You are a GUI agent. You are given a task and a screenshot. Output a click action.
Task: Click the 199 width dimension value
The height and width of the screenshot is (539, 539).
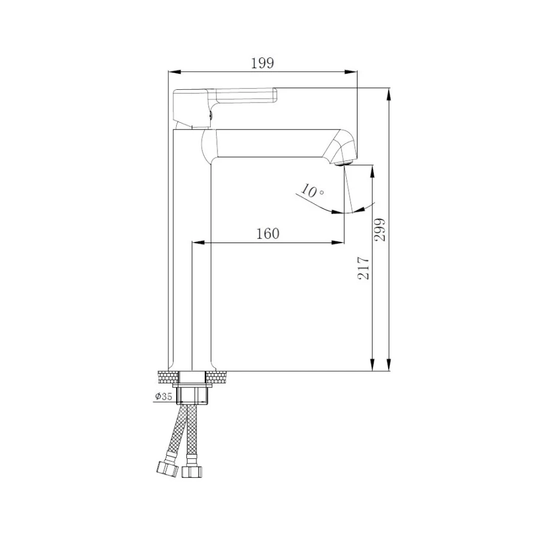point(261,62)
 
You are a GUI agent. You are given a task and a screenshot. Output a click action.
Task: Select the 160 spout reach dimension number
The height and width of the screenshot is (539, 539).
point(268,234)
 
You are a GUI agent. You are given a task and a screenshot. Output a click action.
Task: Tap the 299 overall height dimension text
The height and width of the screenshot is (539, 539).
point(380,229)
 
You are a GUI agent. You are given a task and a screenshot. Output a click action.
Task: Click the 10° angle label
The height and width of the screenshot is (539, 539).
point(312,192)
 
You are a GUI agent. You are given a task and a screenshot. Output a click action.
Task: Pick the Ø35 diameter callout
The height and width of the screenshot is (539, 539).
point(163,396)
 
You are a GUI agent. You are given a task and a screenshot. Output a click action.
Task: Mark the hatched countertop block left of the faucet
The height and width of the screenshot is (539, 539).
point(168,377)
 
